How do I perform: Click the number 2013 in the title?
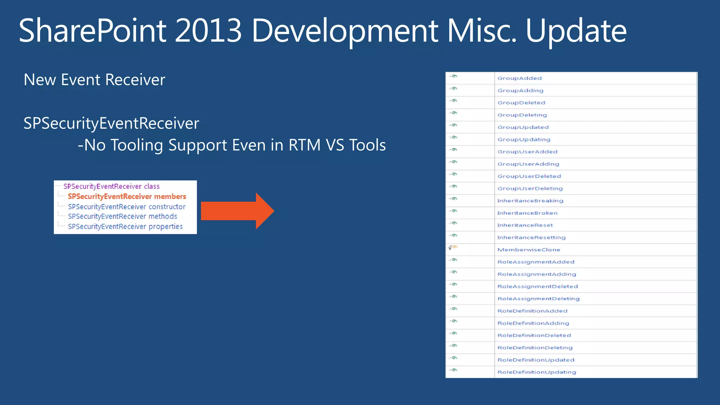(208, 31)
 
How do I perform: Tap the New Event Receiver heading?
(94, 80)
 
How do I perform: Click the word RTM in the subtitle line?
(304, 145)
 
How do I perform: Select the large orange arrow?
(237, 211)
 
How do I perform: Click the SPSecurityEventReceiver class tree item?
(111, 186)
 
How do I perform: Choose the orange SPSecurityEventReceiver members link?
(127, 197)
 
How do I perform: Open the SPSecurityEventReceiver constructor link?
(127, 207)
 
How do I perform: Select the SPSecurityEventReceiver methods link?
(122, 217)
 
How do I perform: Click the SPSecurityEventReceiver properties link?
(125, 227)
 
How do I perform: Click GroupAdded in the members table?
(519, 78)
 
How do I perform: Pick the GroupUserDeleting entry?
(530, 188)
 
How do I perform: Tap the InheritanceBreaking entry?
(530, 201)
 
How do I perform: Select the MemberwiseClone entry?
(528, 250)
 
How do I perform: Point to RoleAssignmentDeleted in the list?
(537, 287)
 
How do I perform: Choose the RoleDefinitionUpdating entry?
(536, 372)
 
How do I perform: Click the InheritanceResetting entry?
(531, 238)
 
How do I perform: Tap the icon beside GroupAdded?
(453, 76)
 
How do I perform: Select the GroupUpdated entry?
(523, 127)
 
